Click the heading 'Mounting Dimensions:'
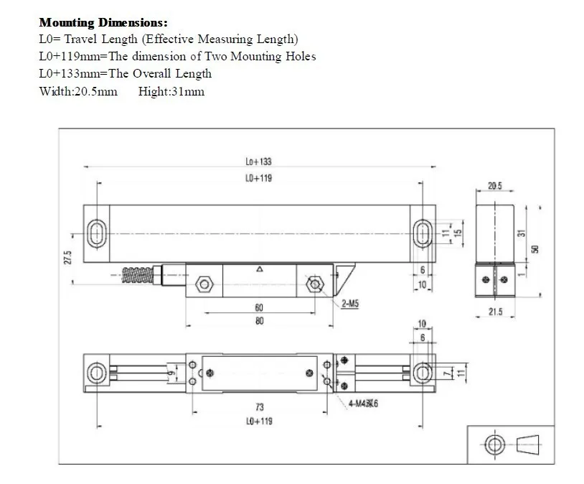tap(103, 23)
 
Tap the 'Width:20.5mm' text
tap(78, 91)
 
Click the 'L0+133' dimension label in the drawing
tap(258, 162)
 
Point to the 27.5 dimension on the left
tap(68, 258)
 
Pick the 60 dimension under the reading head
tap(258, 307)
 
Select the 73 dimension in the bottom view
tap(259, 406)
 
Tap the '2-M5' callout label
tap(349, 304)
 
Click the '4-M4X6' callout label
tap(362, 404)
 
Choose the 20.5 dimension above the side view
tap(495, 185)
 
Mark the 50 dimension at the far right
tap(534, 248)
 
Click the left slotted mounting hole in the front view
tap(96, 233)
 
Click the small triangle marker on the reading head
tap(259, 270)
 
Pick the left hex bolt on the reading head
tap(204, 284)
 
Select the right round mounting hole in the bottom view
tap(422, 371)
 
